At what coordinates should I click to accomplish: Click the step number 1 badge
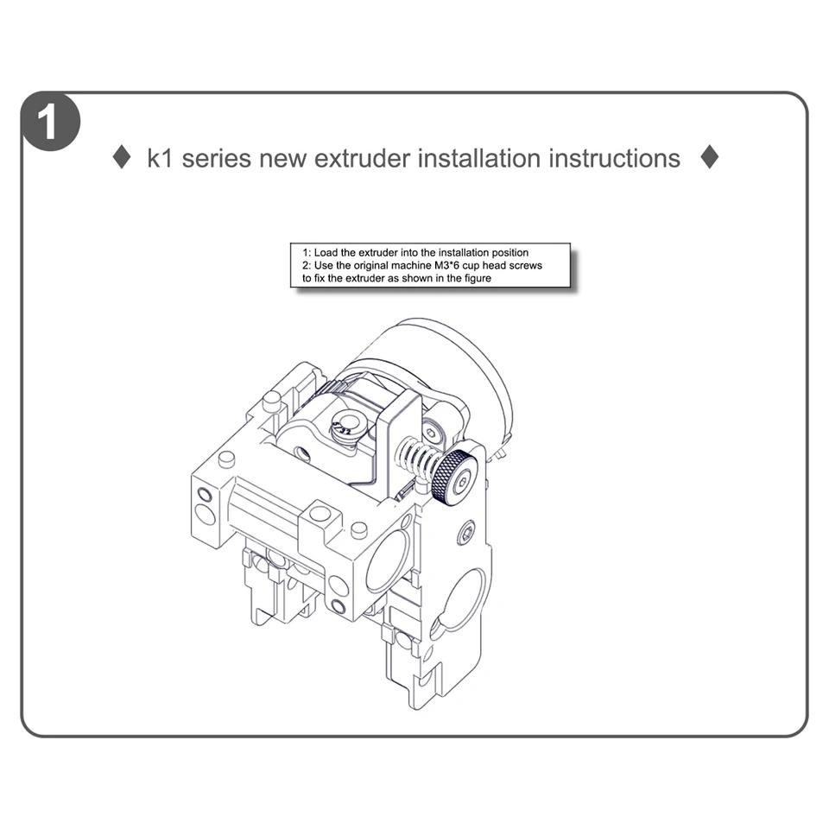50,122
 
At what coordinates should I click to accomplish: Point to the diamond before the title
123,158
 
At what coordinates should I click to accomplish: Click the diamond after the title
709,158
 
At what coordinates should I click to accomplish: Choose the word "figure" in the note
475,278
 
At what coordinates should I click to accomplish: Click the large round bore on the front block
389,560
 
